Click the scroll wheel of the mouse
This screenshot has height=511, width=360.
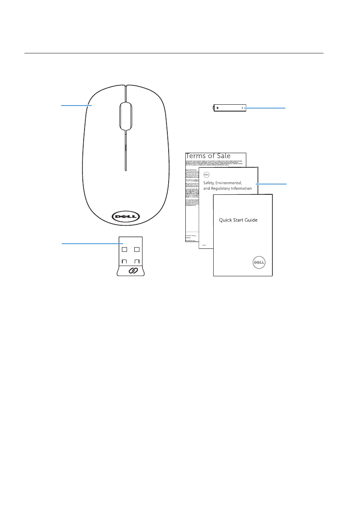tap(126, 116)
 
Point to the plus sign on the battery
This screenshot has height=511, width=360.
tap(218, 108)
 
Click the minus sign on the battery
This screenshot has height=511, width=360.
tap(242, 108)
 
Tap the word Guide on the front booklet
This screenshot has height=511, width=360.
tap(260, 220)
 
